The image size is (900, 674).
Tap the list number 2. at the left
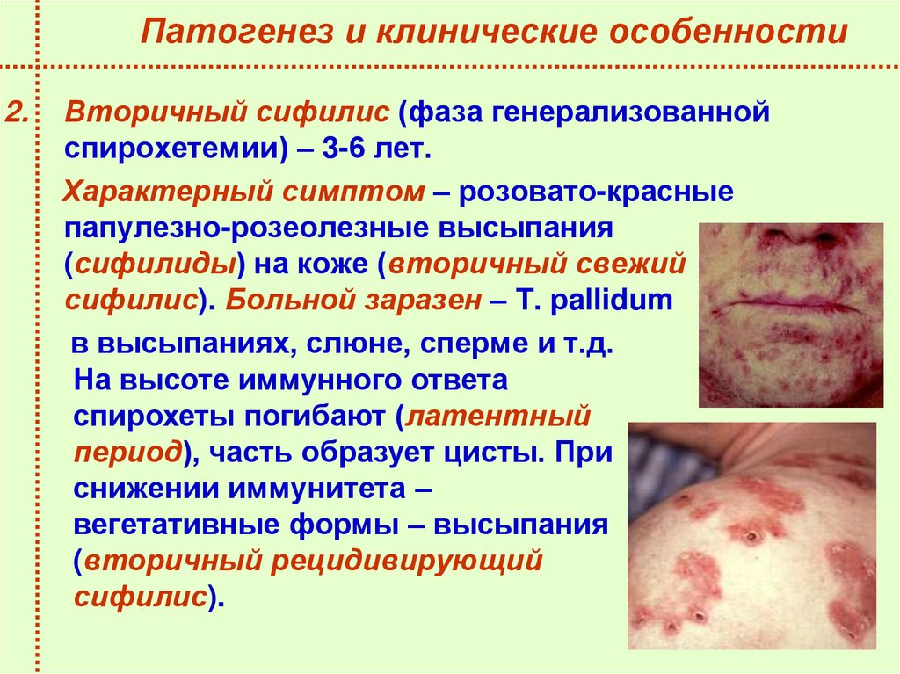tap(18, 112)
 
